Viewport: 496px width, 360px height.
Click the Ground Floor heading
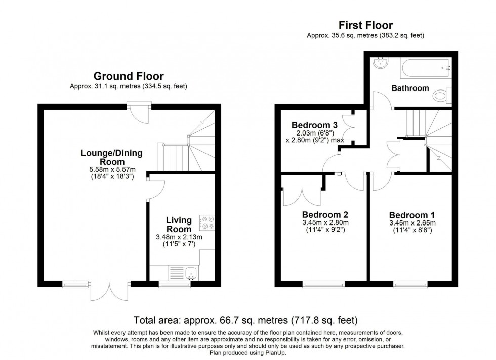(x=128, y=76)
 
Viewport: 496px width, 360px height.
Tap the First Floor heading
(x=365, y=25)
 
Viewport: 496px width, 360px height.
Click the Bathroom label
(x=410, y=88)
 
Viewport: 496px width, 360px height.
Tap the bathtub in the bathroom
(x=424, y=67)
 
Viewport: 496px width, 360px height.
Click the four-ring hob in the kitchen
(x=208, y=223)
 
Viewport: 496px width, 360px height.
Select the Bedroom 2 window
(x=324, y=284)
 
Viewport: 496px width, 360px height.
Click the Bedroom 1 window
(x=409, y=284)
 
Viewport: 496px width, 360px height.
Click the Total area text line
(x=245, y=320)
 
